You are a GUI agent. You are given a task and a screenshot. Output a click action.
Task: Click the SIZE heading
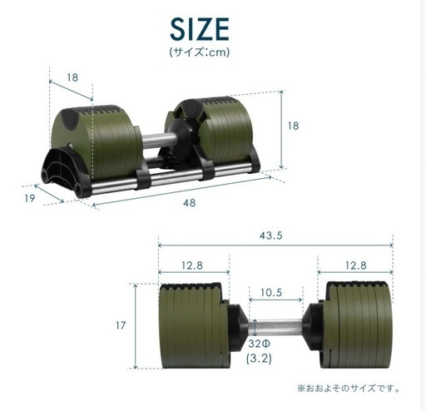tap(200, 29)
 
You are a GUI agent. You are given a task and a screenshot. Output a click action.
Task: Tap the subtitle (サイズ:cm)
tap(200, 52)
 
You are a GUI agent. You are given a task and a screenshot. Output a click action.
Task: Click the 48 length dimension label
tap(190, 203)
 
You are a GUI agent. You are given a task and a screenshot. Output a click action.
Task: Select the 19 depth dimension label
tap(30, 198)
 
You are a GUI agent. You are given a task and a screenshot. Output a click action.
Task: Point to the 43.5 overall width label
tap(271, 235)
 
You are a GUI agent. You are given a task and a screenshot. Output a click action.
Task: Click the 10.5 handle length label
tap(271, 292)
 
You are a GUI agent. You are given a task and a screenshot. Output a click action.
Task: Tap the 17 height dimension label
tap(121, 325)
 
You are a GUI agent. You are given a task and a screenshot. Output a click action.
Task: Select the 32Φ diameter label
tap(259, 344)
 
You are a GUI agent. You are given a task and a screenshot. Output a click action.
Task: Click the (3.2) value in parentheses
tap(259, 359)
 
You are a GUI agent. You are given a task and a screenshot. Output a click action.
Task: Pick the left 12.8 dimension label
tap(192, 265)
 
